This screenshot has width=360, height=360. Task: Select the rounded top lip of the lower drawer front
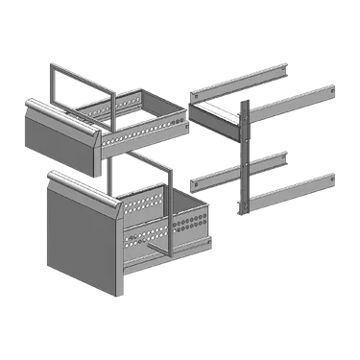click(x=82, y=183)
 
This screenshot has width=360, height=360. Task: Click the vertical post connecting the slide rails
click(x=244, y=154)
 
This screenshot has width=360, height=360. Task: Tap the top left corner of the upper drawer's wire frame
click(x=50, y=67)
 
